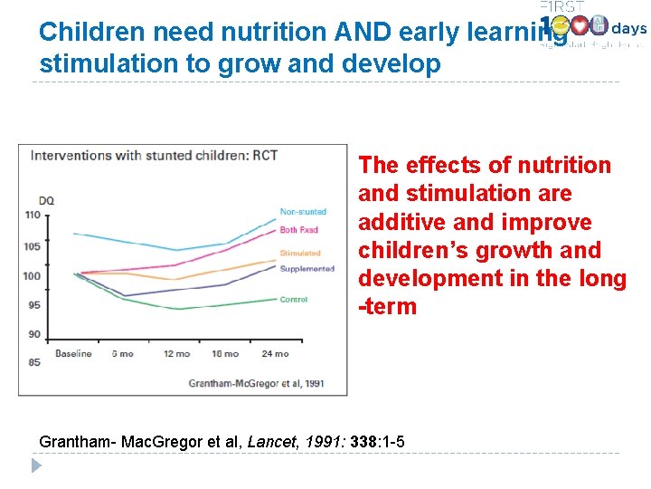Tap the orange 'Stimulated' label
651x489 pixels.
300,254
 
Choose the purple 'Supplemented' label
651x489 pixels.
307,269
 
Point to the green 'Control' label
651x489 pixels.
294,300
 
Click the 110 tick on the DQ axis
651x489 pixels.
33,215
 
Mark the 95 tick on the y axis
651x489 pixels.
34,305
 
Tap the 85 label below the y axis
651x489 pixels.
34,363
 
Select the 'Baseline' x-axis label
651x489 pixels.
73,354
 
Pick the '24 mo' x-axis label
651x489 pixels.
275,354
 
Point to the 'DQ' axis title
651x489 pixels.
45,200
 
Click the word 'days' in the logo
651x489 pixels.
628,28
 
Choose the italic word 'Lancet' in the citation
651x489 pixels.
270,442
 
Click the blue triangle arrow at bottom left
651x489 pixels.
36,466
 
